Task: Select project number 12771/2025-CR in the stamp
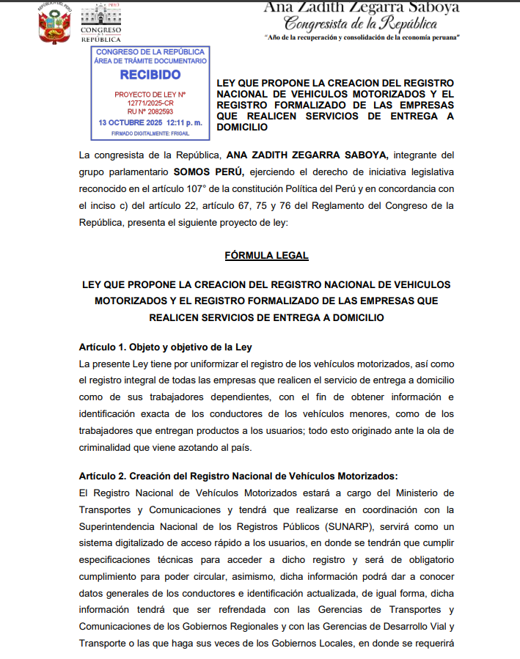click(151, 103)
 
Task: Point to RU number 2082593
click(150, 111)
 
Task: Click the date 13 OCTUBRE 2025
click(130, 122)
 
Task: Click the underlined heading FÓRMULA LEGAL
click(266, 255)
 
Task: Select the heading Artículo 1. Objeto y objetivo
click(166, 347)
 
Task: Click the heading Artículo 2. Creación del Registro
click(238, 476)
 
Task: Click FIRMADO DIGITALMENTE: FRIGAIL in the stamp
click(150, 133)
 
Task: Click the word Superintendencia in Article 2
click(120, 528)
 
